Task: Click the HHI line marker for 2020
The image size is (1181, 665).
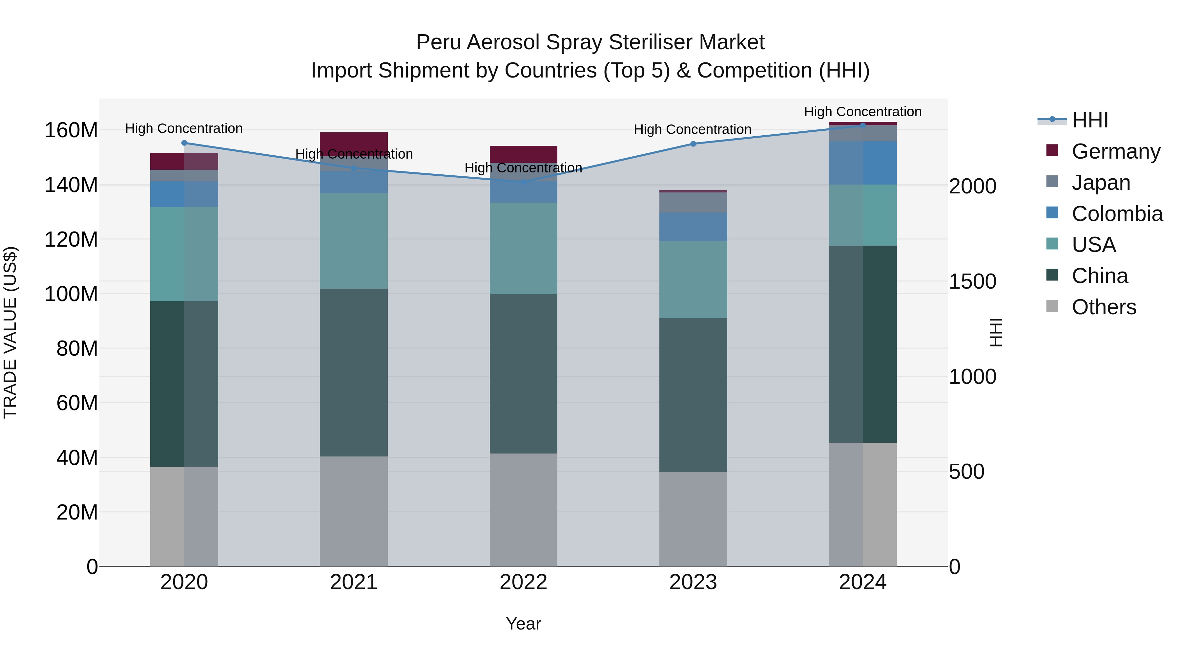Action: pyautogui.click(x=184, y=143)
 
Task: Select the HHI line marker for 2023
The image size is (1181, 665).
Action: pyautogui.click(x=693, y=144)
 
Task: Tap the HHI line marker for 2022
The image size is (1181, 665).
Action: pyautogui.click(x=524, y=182)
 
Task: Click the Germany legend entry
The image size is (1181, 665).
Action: pyautogui.click(x=1115, y=151)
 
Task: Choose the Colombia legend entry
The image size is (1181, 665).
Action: pyautogui.click(x=1117, y=214)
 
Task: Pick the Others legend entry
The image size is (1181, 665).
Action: pyautogui.click(x=1104, y=307)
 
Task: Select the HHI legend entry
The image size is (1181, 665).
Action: pyautogui.click(x=1090, y=120)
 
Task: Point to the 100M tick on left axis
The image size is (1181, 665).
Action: pyautogui.click(x=71, y=294)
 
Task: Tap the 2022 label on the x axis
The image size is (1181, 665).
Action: pyautogui.click(x=523, y=582)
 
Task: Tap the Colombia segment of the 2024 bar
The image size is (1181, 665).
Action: pyautogui.click(x=862, y=163)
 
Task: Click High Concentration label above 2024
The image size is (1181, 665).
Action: pyautogui.click(x=862, y=112)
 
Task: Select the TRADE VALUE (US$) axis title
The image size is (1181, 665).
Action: pyautogui.click(x=10, y=332)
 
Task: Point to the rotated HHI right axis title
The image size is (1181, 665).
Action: pyautogui.click(x=995, y=332)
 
